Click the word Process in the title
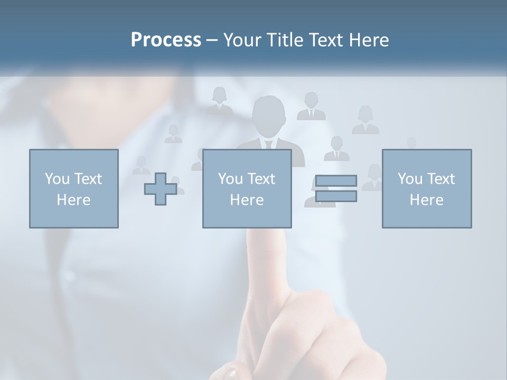click(x=166, y=40)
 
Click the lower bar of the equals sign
click(x=336, y=196)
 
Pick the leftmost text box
click(x=74, y=189)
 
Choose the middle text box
click(x=247, y=189)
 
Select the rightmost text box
click(x=427, y=189)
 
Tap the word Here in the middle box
click(x=247, y=200)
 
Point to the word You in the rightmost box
click(x=410, y=179)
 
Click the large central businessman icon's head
click(x=269, y=113)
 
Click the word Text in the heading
click(x=325, y=40)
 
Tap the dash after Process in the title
click(x=212, y=41)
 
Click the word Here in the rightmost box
click(x=427, y=200)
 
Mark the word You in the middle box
click(x=230, y=179)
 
